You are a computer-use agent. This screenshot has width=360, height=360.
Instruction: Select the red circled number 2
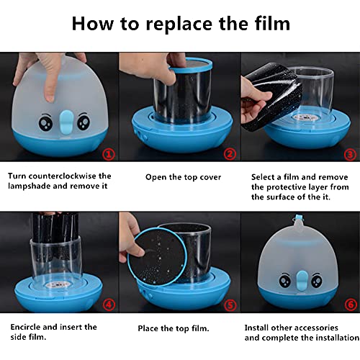pos(229,153)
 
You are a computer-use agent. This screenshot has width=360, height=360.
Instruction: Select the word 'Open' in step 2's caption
pos(157,176)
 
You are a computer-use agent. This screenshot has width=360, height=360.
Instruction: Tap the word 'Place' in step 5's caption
pos(150,328)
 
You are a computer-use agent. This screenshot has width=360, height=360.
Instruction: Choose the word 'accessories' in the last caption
pos(317,326)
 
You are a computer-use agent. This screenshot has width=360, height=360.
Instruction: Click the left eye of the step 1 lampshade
pos(45,123)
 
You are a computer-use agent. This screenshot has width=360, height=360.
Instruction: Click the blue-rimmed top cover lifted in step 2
pos(189,66)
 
